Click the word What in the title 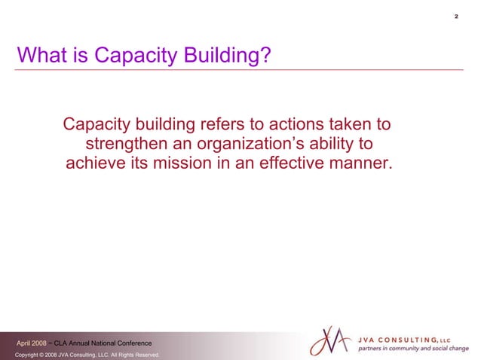pyautogui.click(x=39, y=56)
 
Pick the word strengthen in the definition pyautogui.click(x=128, y=144)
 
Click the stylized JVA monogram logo pyautogui.click(x=330, y=341)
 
